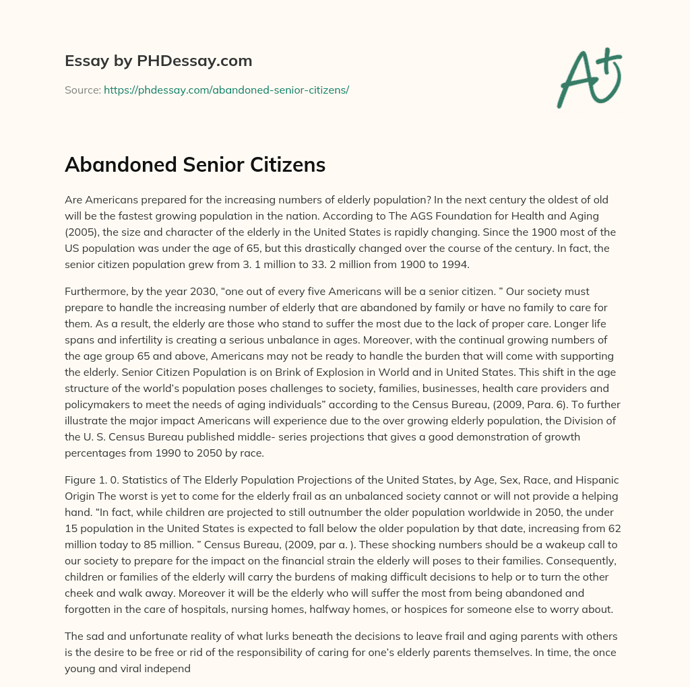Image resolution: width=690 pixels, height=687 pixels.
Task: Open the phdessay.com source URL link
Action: pos(226,90)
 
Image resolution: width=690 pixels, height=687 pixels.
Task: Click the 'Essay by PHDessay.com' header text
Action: pos(158,61)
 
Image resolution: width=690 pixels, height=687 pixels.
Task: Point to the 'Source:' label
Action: pos(83,90)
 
